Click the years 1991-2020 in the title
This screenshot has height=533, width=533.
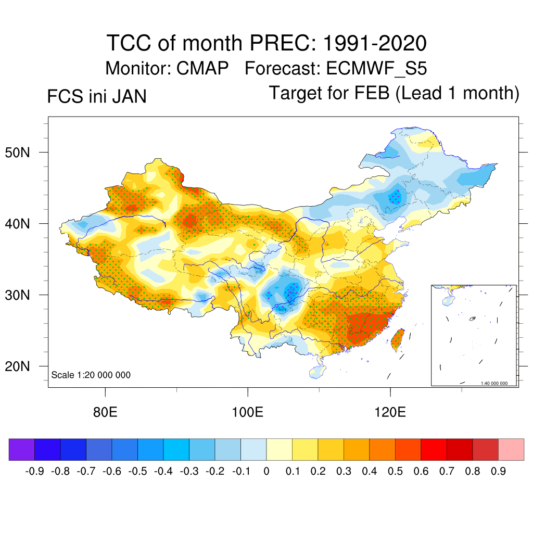pyautogui.click(x=375, y=43)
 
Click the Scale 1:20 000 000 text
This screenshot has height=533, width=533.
pyautogui.click(x=91, y=375)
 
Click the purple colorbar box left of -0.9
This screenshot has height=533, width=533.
pyautogui.click(x=21, y=449)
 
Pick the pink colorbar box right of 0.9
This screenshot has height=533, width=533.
pyautogui.click(x=511, y=449)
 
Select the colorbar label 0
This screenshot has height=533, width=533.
pyautogui.click(x=266, y=472)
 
